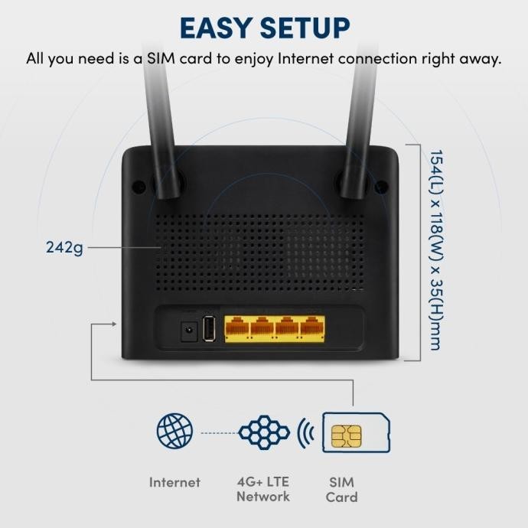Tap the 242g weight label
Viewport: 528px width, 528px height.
65,248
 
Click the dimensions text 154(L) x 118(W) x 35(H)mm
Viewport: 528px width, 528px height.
435,249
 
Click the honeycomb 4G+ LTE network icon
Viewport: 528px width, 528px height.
264,432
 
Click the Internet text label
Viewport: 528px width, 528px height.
174,483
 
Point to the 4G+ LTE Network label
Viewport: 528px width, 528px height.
263,490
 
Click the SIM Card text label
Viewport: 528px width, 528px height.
341,490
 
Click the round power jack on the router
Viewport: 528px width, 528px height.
186,331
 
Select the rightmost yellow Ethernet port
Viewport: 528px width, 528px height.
311,328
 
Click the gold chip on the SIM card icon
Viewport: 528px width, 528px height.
347,437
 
